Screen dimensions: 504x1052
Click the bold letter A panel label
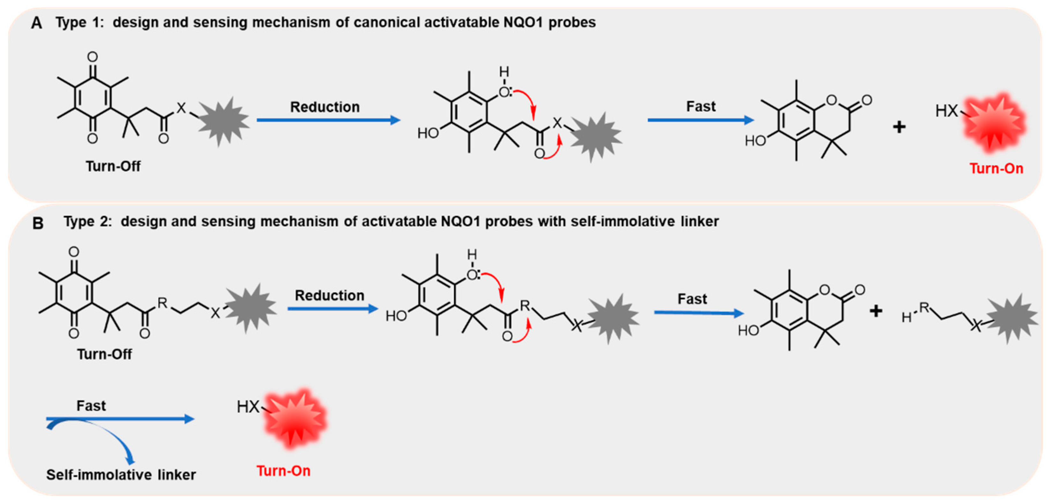coord(36,23)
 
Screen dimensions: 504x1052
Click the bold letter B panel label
coord(38,223)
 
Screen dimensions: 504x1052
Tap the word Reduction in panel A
coord(325,107)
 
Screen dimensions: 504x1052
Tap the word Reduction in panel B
coord(329,295)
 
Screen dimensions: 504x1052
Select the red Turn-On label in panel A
coord(996,168)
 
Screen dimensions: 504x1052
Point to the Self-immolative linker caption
coord(121,475)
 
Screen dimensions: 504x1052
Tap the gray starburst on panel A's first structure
coord(223,121)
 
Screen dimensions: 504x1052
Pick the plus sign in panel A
coord(899,127)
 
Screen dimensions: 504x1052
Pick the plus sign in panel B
coord(876,311)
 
